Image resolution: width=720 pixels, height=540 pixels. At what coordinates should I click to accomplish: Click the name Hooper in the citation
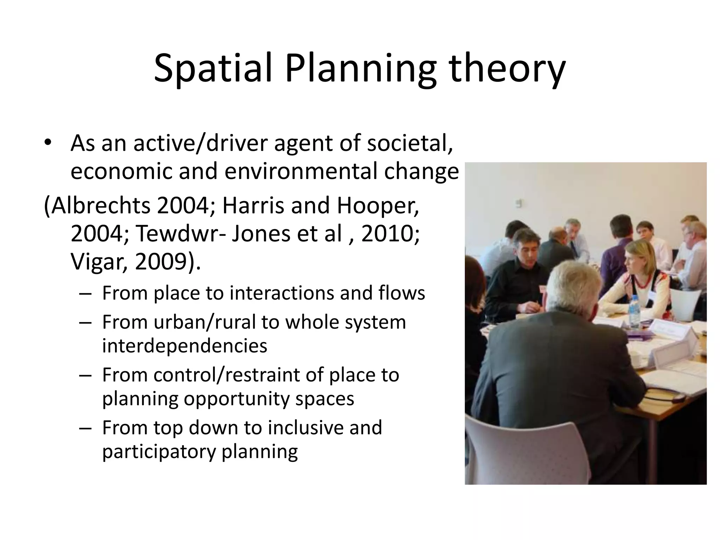[378, 206]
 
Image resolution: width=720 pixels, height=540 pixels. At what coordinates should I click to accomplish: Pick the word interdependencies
[185, 346]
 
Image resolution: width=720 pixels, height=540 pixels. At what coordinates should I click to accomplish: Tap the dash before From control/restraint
[85, 375]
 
